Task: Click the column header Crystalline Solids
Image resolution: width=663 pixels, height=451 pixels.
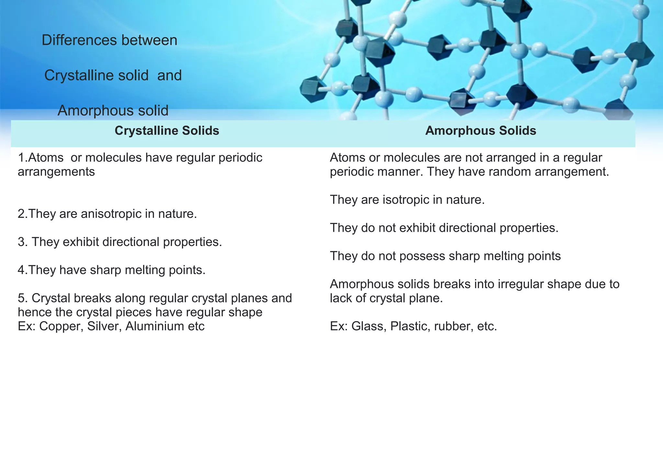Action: pos(167,131)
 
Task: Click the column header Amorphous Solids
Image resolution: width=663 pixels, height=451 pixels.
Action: pos(480,131)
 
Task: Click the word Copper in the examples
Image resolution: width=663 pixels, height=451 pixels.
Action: pos(61,326)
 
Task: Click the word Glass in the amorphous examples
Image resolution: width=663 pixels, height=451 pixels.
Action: pos(369,326)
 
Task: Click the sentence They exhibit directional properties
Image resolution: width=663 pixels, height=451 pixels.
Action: pos(126,242)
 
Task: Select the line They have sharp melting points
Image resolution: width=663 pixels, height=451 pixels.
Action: pos(112,270)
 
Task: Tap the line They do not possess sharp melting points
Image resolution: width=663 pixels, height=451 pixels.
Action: pos(445,256)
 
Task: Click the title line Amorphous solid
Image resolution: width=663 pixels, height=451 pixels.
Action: pos(113,111)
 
